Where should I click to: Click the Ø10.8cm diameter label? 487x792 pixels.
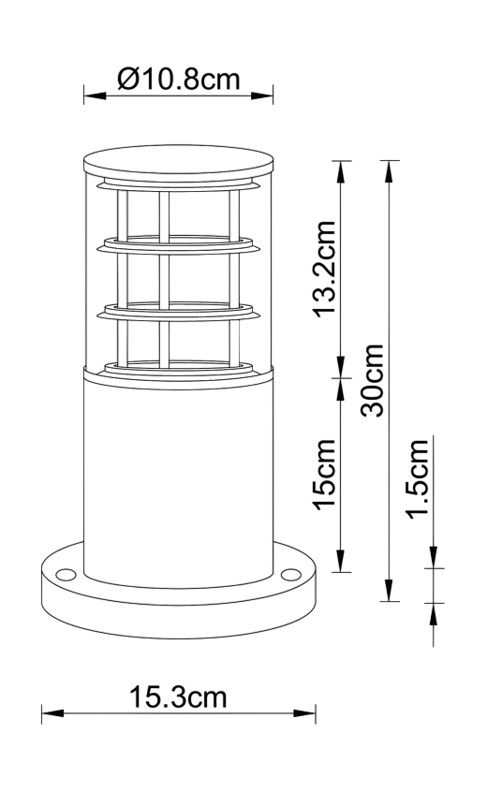179,80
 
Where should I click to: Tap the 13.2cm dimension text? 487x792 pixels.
325,270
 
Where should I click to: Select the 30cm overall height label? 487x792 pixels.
373,380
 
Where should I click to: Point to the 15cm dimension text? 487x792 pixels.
325,475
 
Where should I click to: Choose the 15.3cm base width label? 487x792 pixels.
178,697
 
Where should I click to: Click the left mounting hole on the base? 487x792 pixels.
66,574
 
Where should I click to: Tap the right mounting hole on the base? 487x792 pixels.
290,574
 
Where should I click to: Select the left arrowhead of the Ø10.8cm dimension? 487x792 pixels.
95,95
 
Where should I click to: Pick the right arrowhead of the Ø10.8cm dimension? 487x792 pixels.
261,95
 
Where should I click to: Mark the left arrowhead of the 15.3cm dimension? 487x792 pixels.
52,713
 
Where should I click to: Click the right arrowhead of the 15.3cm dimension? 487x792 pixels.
304,713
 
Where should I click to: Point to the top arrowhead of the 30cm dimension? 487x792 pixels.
389,171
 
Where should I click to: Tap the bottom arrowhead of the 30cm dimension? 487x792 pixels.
389,590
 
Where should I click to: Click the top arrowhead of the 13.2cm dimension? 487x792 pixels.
341,172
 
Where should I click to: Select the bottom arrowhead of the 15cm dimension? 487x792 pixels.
341,561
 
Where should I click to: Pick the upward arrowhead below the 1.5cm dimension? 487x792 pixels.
434,614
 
